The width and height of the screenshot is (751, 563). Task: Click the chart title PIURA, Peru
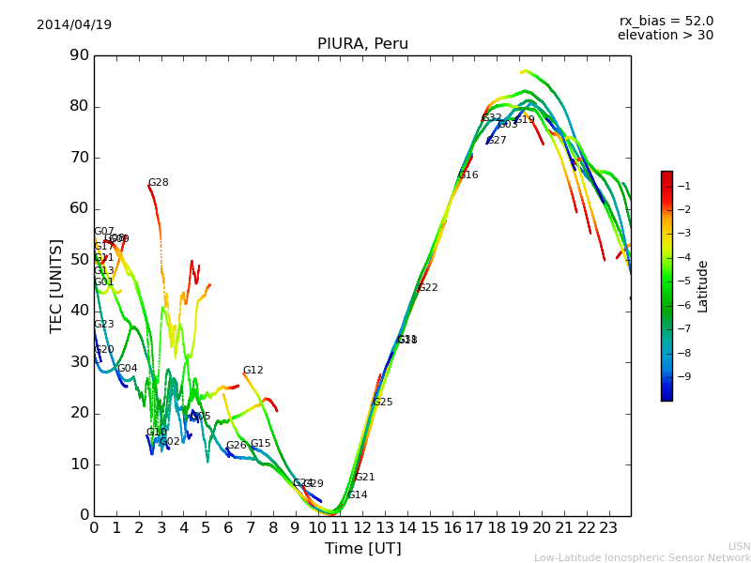click(362, 44)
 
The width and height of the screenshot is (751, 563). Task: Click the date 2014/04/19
click(74, 24)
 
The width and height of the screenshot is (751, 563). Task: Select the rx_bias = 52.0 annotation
click(666, 21)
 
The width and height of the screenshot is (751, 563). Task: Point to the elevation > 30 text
click(665, 36)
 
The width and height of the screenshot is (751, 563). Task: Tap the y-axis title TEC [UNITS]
click(56, 285)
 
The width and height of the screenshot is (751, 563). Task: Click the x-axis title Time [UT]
click(362, 549)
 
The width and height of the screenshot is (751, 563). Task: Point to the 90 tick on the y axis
click(79, 55)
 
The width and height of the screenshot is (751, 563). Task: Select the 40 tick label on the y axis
click(79, 311)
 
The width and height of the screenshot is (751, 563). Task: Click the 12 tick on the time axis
click(362, 528)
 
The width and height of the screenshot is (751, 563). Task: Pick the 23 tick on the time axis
click(608, 528)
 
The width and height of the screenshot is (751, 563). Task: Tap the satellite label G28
click(159, 183)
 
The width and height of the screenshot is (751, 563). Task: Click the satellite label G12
click(253, 371)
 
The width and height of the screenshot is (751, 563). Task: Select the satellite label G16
click(468, 175)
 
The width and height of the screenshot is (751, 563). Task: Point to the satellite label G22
click(428, 288)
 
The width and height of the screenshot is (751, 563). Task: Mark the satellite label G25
click(383, 403)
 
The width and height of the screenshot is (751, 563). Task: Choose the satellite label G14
click(358, 495)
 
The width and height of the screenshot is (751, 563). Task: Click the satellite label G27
click(497, 141)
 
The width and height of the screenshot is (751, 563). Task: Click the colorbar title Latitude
click(703, 285)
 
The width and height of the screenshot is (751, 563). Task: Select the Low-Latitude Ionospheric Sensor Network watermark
click(642, 557)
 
